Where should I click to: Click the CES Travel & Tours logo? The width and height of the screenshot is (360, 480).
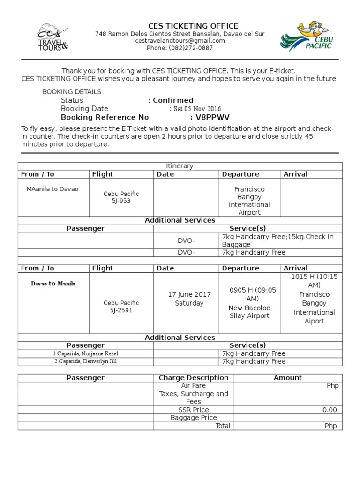click(52, 37)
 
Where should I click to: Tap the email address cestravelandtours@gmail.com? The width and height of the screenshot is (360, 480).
click(180, 41)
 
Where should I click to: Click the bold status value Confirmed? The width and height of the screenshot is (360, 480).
click(173, 100)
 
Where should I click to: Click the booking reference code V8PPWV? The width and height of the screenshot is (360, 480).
click(213, 117)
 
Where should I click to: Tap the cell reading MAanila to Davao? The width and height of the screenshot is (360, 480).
click(52, 189)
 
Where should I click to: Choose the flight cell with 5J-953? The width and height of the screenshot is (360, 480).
click(121, 197)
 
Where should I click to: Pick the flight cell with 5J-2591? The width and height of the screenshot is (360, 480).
click(121, 307)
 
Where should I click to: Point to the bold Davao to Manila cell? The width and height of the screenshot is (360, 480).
click(53, 284)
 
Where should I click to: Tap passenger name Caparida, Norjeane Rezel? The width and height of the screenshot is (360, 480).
click(86, 353)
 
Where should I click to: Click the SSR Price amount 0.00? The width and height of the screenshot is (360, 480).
click(330, 410)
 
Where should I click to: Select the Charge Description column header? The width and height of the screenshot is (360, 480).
click(194, 378)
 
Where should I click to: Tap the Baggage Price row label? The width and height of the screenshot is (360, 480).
click(194, 418)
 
